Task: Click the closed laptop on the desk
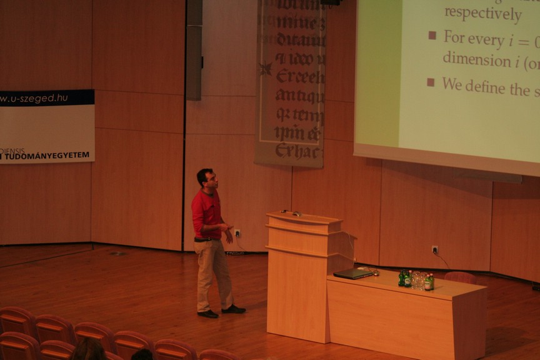click(353, 274)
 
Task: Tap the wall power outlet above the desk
click(434, 250)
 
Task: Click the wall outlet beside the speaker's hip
click(237, 233)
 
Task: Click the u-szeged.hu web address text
click(35, 99)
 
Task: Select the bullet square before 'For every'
click(432, 36)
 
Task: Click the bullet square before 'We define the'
click(431, 82)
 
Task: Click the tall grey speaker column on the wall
click(194, 50)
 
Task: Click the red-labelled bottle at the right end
click(429, 282)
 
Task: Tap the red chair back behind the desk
click(461, 277)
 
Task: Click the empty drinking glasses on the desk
click(417, 280)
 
